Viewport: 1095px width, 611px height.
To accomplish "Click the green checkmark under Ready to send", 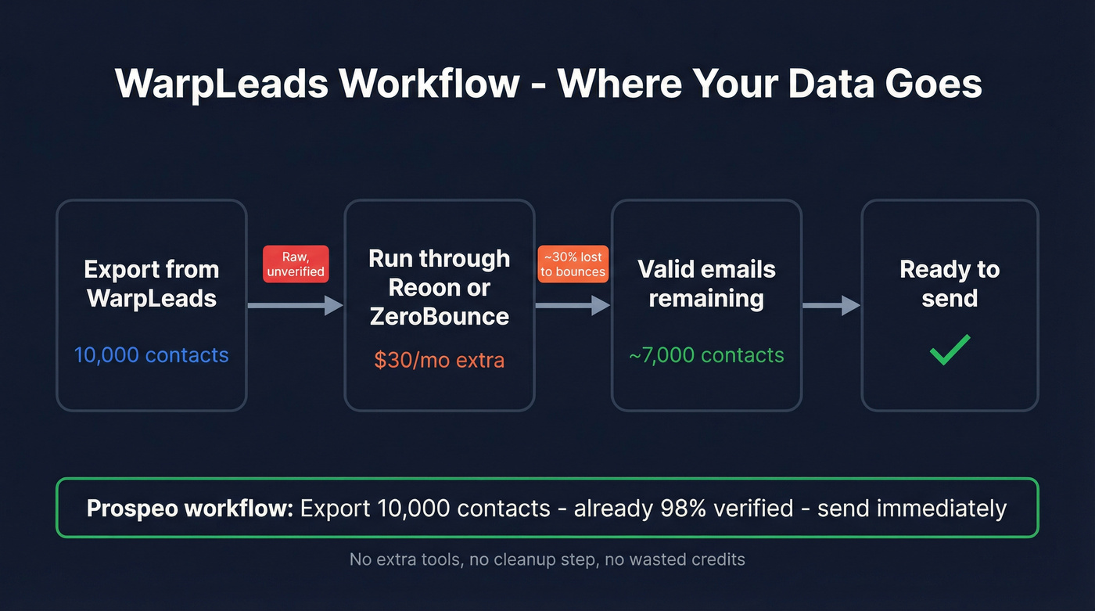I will click(x=950, y=350).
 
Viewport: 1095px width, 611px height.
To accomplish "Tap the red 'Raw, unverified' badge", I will click(x=296, y=264).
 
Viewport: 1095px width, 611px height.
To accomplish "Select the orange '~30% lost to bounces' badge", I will click(x=573, y=264).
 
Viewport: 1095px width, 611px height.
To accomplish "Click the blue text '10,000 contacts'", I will click(x=151, y=355).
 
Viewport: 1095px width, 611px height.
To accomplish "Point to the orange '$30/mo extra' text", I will click(x=439, y=360).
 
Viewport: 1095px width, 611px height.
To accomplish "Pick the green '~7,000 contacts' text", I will click(x=706, y=355).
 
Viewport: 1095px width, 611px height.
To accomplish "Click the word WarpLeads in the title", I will click(x=221, y=83).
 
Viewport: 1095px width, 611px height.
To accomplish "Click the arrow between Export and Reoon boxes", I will click(x=295, y=305).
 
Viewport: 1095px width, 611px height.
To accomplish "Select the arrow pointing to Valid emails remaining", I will click(x=573, y=305).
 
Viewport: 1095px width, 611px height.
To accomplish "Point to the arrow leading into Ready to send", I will click(x=831, y=305).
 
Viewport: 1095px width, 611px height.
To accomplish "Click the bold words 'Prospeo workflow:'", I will click(x=189, y=509).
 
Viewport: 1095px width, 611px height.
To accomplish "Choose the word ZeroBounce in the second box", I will click(x=439, y=316).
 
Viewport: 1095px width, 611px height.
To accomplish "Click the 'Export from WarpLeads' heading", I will click(x=151, y=283).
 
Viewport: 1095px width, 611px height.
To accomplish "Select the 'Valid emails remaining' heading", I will click(x=706, y=283).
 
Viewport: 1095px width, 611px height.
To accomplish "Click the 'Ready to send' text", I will click(x=950, y=283).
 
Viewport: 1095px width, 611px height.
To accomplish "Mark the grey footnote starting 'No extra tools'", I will click(x=547, y=559).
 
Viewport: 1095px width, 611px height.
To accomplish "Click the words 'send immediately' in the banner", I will click(x=911, y=509).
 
